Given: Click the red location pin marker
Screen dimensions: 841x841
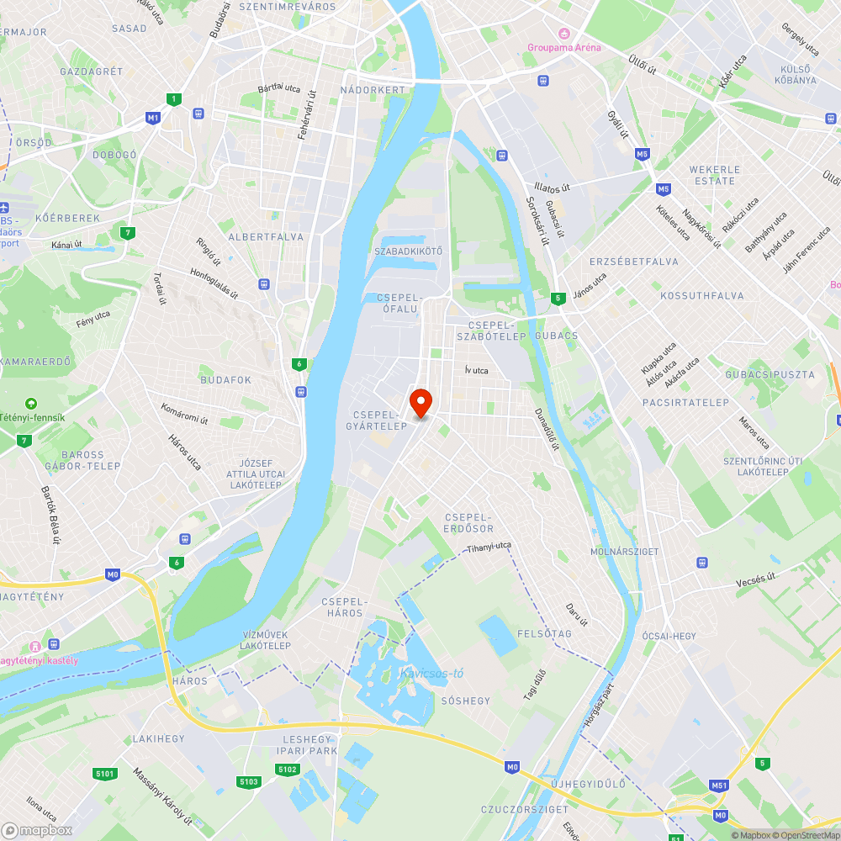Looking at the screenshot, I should pyautogui.click(x=420, y=402).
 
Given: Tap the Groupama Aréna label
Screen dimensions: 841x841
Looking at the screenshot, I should pyautogui.click(x=564, y=47).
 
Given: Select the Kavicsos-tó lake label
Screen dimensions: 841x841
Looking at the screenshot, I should pyautogui.click(x=431, y=673).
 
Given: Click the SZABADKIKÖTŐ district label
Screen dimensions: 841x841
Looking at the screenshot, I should pyautogui.click(x=408, y=251).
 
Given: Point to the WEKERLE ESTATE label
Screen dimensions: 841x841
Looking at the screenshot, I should pyautogui.click(x=715, y=175).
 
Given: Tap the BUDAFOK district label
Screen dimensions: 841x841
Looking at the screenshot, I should pyautogui.click(x=225, y=380).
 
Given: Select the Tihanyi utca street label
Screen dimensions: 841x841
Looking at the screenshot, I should pyautogui.click(x=489, y=547).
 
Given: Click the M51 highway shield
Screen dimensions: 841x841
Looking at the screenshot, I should pyautogui.click(x=718, y=785).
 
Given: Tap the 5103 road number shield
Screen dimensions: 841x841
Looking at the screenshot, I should pyautogui.click(x=248, y=781).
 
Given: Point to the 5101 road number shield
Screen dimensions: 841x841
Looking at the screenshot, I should pyautogui.click(x=105, y=772).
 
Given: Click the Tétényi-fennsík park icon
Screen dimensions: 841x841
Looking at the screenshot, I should pyautogui.click(x=31, y=404).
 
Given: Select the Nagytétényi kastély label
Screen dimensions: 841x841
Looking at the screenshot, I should pyautogui.click(x=40, y=660).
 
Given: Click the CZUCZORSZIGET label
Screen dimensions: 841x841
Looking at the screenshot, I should pyautogui.click(x=512, y=809).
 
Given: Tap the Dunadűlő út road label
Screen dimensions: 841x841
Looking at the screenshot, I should pyautogui.click(x=547, y=429).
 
